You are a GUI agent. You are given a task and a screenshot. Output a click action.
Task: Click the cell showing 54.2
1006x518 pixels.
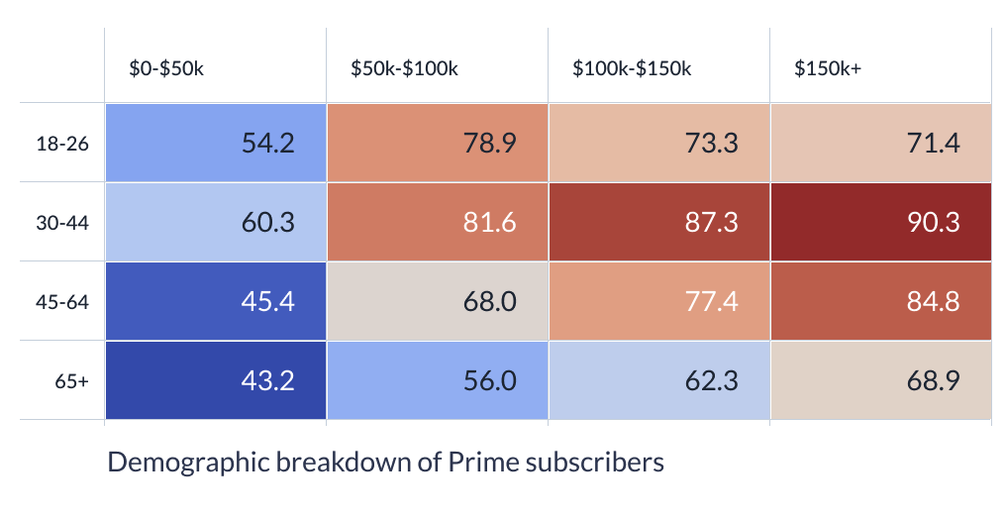pyautogui.click(x=216, y=143)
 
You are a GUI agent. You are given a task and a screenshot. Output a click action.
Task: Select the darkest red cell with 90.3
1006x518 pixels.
pyautogui.click(x=881, y=222)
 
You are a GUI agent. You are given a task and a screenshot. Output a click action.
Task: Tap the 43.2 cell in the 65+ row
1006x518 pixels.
pyautogui.click(x=216, y=380)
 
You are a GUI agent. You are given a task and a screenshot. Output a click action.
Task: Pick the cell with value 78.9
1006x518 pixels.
pyautogui.click(x=438, y=143)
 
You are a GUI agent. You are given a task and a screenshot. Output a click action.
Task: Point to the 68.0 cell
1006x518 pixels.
pyautogui.click(x=438, y=301)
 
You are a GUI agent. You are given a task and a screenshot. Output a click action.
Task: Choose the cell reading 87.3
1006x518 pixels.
pyautogui.click(x=658, y=222)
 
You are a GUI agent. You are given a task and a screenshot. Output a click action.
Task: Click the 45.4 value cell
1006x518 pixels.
pyautogui.click(x=216, y=301)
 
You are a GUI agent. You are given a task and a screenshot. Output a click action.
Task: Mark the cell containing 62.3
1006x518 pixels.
pyautogui.click(x=658, y=380)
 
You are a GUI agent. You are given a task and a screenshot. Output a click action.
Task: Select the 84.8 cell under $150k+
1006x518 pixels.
pyautogui.click(x=881, y=301)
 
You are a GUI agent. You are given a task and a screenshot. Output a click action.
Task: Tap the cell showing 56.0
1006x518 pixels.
pyautogui.click(x=438, y=380)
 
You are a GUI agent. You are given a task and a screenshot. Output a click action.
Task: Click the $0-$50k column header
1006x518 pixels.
pyautogui.click(x=166, y=68)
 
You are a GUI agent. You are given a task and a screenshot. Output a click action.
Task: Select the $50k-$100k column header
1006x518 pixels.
pyautogui.click(x=404, y=68)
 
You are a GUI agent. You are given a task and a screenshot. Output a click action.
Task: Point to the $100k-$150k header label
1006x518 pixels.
pyautogui.click(x=632, y=68)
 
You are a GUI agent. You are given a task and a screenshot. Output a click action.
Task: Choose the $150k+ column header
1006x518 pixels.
pyautogui.click(x=828, y=68)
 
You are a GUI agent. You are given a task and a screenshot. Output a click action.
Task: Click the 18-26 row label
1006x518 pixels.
pyautogui.click(x=62, y=144)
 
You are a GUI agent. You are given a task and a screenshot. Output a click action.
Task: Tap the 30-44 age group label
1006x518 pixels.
pyautogui.click(x=62, y=223)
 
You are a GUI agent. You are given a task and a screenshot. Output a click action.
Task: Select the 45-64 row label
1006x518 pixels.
pyautogui.click(x=62, y=302)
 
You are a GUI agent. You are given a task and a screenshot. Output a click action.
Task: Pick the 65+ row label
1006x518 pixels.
pyautogui.click(x=72, y=381)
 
